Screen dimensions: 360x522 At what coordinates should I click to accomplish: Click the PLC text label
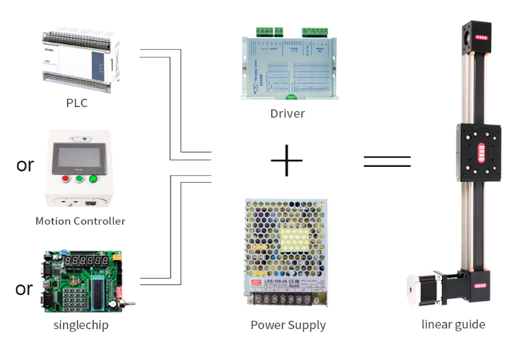point(76,103)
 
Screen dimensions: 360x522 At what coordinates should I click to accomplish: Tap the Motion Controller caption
point(80,221)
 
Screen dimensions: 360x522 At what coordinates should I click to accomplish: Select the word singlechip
point(81,325)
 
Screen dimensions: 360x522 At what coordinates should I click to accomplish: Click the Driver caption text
point(288,114)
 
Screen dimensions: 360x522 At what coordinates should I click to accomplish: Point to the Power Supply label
point(288,325)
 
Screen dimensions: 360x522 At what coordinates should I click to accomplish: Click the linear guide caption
point(453,324)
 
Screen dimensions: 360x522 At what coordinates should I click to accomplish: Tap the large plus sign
point(286,160)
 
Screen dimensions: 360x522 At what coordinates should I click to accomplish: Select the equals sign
point(387,161)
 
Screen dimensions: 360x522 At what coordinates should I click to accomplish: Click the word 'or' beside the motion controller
point(25,165)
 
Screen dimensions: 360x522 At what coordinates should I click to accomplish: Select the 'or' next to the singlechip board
point(24,288)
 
